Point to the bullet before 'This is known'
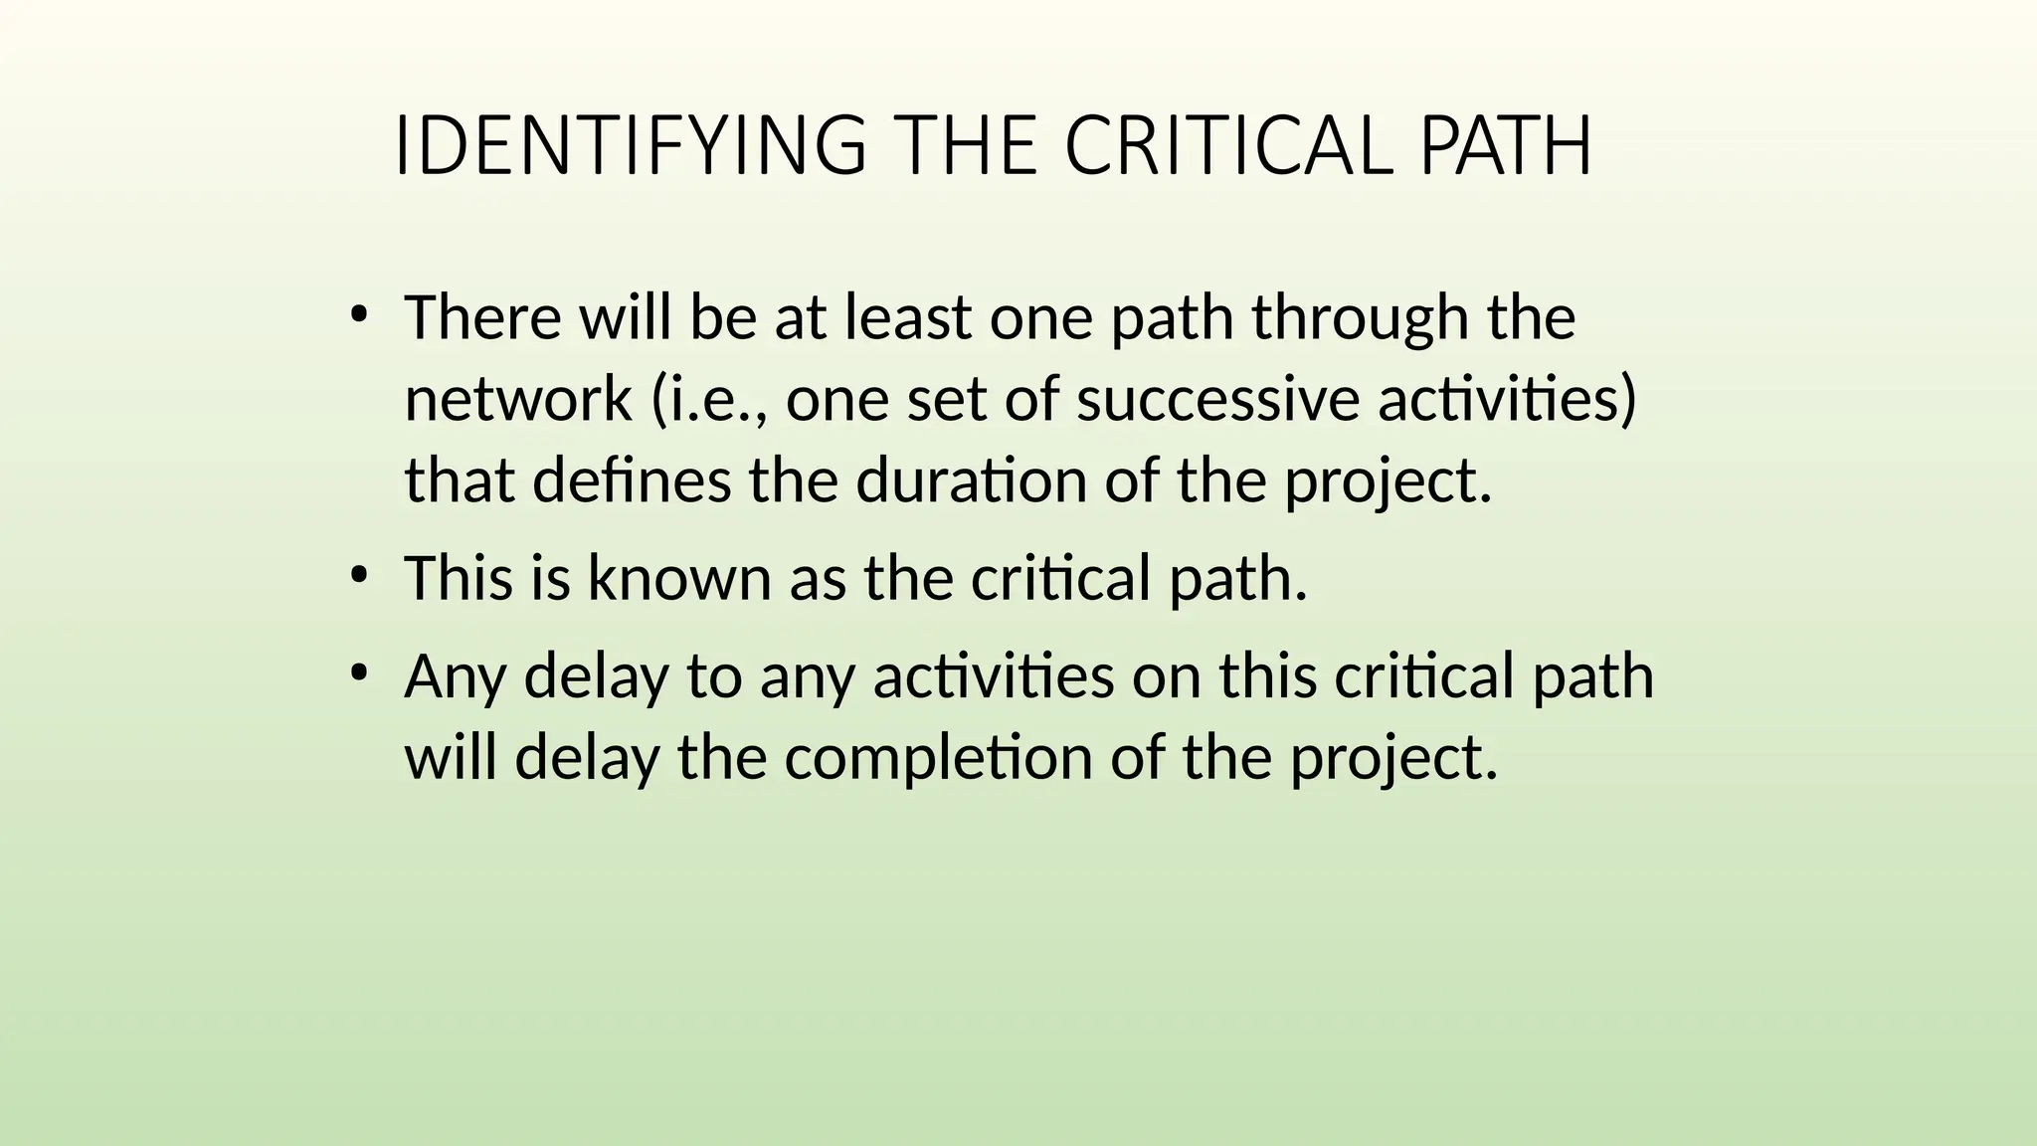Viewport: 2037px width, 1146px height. coord(360,576)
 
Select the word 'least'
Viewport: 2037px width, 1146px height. coord(907,318)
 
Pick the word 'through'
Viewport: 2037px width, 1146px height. coord(1359,320)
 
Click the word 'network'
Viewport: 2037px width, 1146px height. coord(518,400)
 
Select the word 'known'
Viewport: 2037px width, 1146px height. coord(679,578)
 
